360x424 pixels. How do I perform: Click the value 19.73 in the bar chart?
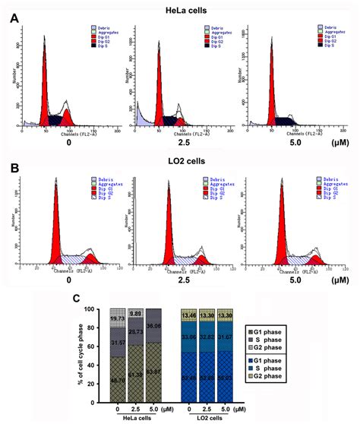(x=118, y=319)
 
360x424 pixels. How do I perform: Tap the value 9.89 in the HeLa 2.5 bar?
(x=136, y=313)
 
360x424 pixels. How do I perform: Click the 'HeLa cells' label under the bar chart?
(x=136, y=419)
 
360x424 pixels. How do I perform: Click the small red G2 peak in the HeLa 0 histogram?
(x=67, y=119)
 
